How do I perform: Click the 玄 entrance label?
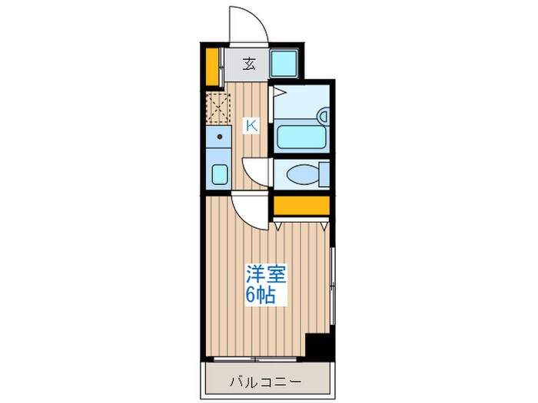click(x=249, y=64)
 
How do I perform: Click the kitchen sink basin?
click(x=219, y=173)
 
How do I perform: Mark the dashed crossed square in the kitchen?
click(x=218, y=107)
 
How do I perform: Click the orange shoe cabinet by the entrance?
click(x=211, y=66)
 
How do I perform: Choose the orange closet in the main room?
click(x=301, y=205)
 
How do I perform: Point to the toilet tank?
click(x=324, y=173)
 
